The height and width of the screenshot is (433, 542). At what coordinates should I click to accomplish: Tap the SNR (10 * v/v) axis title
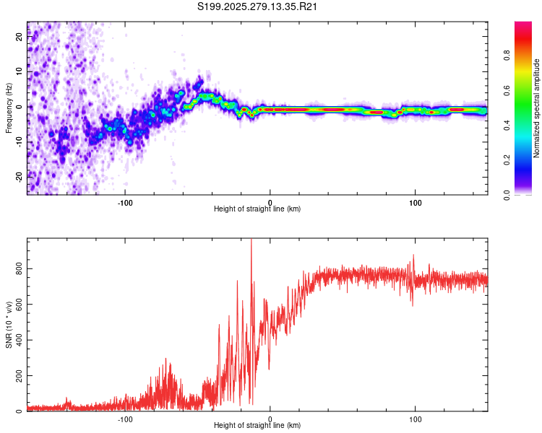point(9,325)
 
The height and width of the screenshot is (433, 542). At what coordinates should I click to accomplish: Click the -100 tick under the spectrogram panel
point(125,201)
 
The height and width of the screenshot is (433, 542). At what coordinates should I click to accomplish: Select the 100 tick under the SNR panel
point(416,419)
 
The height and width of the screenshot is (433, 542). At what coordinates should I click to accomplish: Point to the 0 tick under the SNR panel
point(270,419)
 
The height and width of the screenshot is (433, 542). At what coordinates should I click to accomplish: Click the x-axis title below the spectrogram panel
point(257,209)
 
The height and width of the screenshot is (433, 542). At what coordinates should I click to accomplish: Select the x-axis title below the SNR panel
point(257,426)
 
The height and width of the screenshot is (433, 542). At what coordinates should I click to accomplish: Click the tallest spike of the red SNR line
point(251,240)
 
